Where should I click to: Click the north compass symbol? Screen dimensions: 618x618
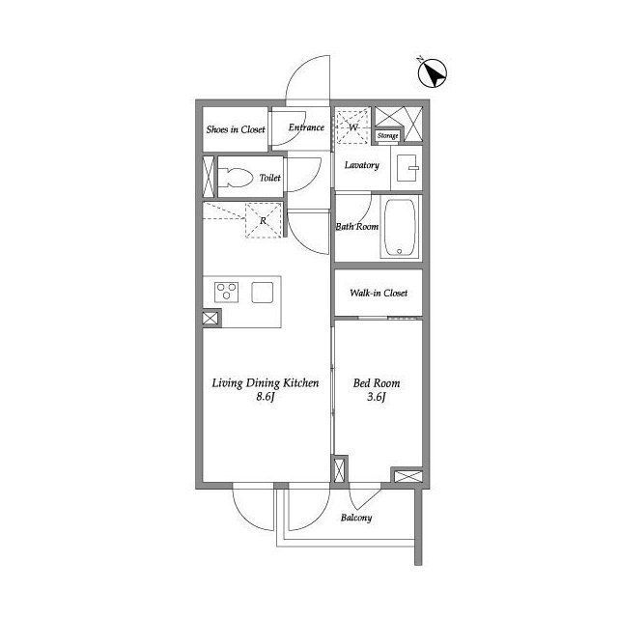pyautogui.click(x=433, y=73)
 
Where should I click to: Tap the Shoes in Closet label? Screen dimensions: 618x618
pyautogui.click(x=236, y=129)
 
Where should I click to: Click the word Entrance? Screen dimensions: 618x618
pyautogui.click(x=306, y=127)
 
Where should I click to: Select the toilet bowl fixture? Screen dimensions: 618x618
pyautogui.click(x=236, y=178)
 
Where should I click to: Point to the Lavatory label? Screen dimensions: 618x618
pyautogui.click(x=362, y=165)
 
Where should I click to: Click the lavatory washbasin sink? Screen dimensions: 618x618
pyautogui.click(x=407, y=168)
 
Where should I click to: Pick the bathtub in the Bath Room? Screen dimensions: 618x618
pyautogui.click(x=400, y=228)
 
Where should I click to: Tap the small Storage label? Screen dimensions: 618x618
pyautogui.click(x=388, y=135)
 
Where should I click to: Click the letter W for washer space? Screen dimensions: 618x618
pyautogui.click(x=353, y=126)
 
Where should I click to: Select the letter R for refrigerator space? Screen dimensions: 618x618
pyautogui.click(x=263, y=221)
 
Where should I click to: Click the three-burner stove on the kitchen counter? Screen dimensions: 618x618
pyautogui.click(x=226, y=292)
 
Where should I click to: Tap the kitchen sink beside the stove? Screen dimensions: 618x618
pyautogui.click(x=263, y=293)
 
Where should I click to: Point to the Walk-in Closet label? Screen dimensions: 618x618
pyautogui.click(x=379, y=293)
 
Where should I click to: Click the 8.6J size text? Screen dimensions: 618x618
pyautogui.click(x=265, y=397)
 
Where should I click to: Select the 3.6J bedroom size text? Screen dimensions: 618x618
pyautogui.click(x=376, y=397)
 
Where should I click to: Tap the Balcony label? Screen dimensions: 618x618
pyautogui.click(x=356, y=518)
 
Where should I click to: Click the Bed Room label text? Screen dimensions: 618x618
pyautogui.click(x=377, y=383)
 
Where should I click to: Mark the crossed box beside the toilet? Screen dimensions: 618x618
pyautogui.click(x=209, y=177)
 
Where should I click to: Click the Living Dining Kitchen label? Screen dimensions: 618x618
pyautogui.click(x=266, y=383)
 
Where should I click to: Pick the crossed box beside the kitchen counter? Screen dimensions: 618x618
pyautogui.click(x=211, y=319)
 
